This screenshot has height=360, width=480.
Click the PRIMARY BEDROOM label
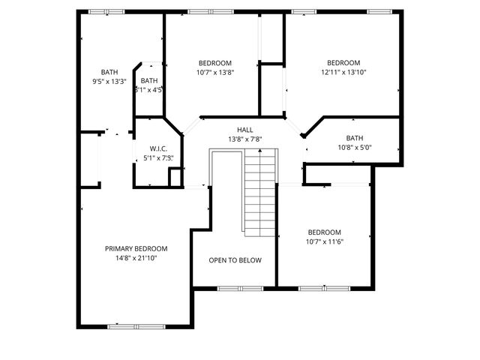[136, 248]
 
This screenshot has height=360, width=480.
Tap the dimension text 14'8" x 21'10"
[136, 258]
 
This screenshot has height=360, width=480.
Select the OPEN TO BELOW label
[235, 260]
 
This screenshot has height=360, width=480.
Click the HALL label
[245, 130]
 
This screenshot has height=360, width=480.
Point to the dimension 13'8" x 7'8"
[245, 139]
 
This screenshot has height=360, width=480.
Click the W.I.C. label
[158, 148]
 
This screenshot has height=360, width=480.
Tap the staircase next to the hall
[260, 191]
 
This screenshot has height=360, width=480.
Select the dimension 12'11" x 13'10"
[343, 73]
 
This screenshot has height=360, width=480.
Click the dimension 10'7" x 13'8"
[214, 73]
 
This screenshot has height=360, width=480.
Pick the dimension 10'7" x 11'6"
[324, 242]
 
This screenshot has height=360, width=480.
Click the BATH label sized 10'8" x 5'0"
[355, 138]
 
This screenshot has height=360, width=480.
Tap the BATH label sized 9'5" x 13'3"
[109, 72]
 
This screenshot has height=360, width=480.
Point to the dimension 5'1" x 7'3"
[158, 158]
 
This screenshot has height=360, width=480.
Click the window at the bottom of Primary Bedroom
[136, 326]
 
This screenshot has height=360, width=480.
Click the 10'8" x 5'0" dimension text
[355, 148]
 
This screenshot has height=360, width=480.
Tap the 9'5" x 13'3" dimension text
[109, 82]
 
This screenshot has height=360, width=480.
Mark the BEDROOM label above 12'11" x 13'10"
[343, 63]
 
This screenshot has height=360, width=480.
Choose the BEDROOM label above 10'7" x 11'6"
[324, 232]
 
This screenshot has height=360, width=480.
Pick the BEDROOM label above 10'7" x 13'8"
[214, 63]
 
